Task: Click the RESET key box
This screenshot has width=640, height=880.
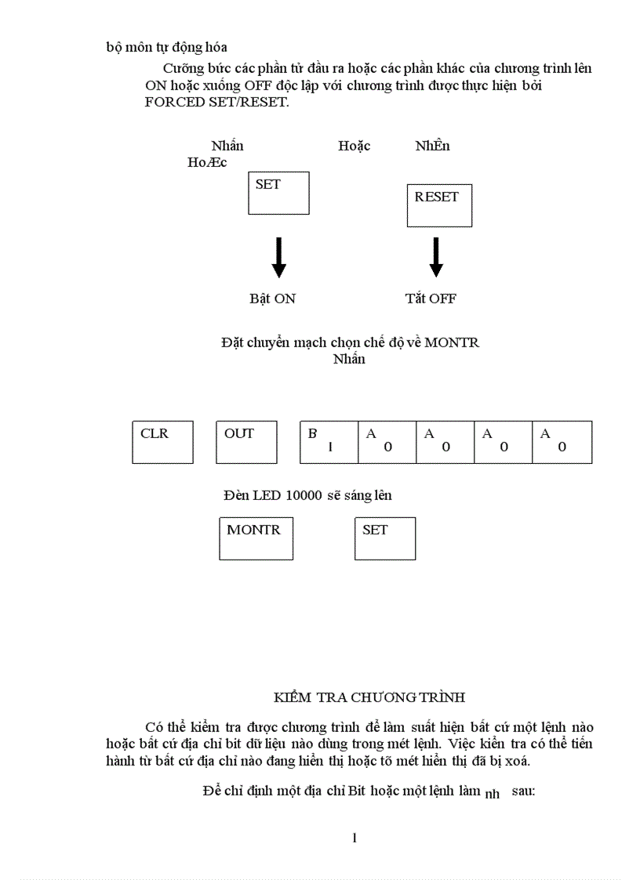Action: [439, 205]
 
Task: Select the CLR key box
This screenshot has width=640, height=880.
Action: [162, 442]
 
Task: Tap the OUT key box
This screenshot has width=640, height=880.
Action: [246, 442]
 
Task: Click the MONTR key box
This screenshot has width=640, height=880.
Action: [256, 538]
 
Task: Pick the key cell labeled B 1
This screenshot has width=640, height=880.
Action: [329, 442]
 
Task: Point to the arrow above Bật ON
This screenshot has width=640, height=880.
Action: [278, 257]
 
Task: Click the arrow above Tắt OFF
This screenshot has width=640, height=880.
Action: [436, 257]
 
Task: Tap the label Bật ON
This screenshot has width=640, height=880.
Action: [272, 299]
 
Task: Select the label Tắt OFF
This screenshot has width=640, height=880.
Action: [431, 299]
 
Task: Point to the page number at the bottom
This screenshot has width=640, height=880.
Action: [355, 838]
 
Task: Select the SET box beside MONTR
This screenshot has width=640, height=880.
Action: [385, 538]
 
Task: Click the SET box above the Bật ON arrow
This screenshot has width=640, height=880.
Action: [278, 193]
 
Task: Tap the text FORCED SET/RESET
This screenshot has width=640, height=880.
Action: [217, 103]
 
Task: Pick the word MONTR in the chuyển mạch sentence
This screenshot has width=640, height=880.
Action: [452, 343]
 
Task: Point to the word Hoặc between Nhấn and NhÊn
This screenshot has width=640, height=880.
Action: [355, 146]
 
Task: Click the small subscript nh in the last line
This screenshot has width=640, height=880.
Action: [493, 794]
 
